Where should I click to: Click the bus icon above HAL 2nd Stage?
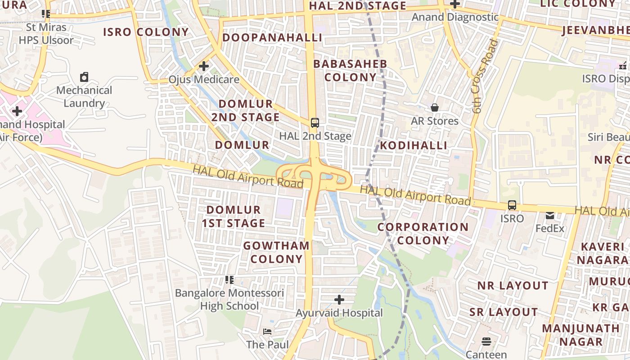coord(315,122)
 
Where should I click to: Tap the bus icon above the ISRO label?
coord(512,205)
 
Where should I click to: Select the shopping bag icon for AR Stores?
coord(435,108)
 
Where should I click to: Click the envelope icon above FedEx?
coord(550,216)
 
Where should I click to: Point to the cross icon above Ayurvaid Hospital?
coord(339,299)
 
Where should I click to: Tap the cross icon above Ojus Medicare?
coord(204,66)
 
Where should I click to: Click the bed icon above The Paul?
coord(267,332)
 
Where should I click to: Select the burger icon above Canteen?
coord(486,342)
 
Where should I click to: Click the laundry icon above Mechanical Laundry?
coord(84,77)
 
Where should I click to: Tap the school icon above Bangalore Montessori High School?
coord(229,280)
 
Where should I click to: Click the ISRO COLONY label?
coord(146,32)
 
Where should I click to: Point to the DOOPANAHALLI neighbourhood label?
coord(272,37)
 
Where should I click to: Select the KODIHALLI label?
coord(414,145)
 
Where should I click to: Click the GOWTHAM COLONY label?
coord(276,252)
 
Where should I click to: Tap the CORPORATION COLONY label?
coord(423,233)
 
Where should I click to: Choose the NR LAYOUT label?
coord(513,286)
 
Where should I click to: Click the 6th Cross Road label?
coord(484,76)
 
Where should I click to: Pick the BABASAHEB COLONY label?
coord(350,70)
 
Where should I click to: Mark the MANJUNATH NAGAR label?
coord(580,335)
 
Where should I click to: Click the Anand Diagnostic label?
coord(455,17)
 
